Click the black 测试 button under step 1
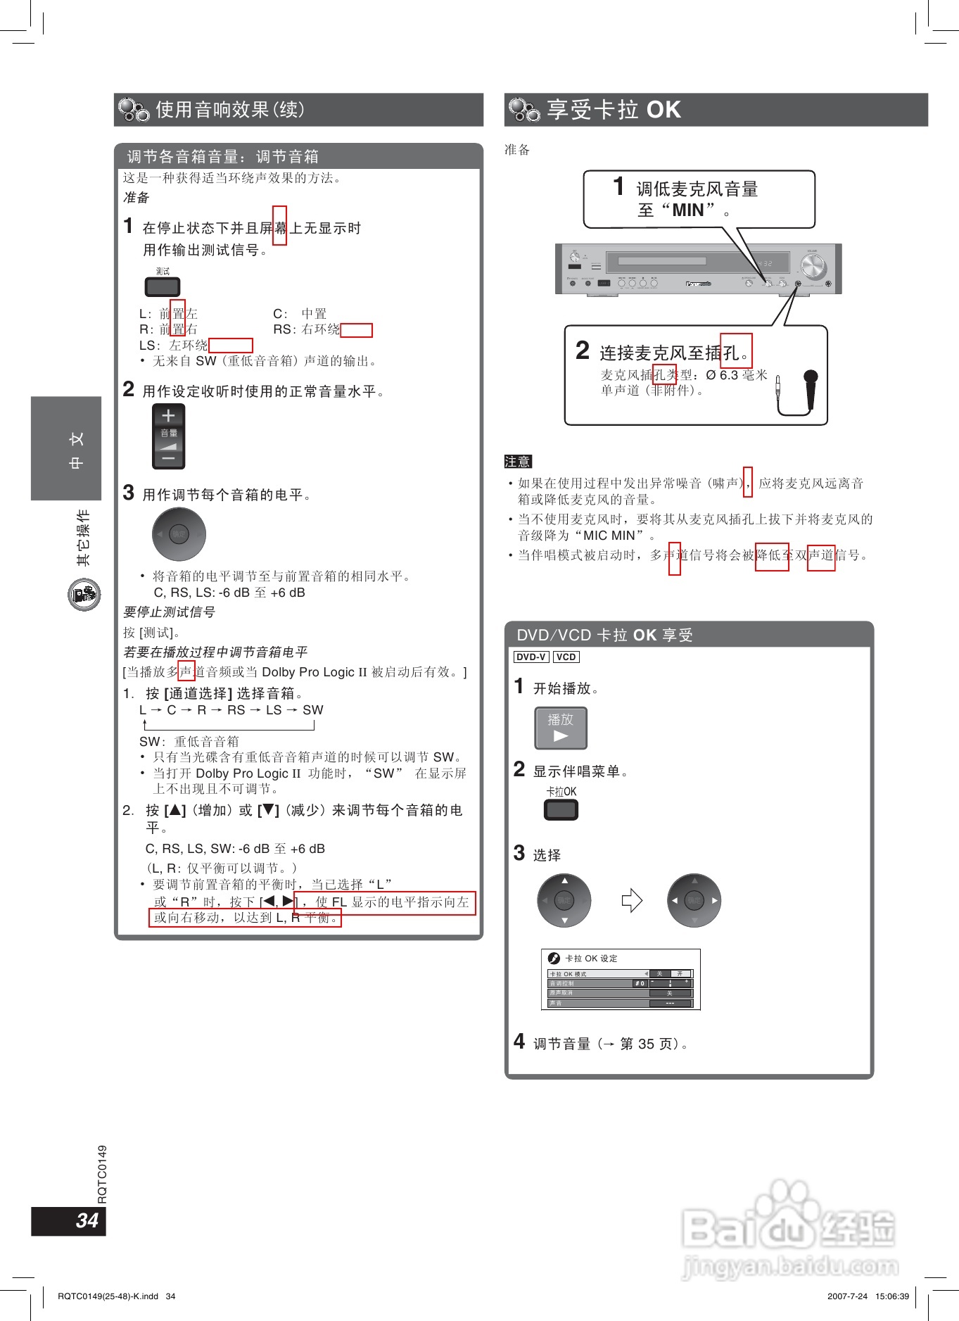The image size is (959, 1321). pyautogui.click(x=163, y=286)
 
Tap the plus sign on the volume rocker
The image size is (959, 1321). pyautogui.click(x=168, y=416)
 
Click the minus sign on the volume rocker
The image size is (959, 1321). pyautogui.click(x=168, y=459)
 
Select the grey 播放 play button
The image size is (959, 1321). pyautogui.click(x=561, y=728)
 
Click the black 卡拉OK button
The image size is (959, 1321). pyautogui.click(x=561, y=809)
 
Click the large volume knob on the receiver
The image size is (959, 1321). pyautogui.click(x=812, y=267)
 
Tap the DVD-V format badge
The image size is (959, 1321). pyautogui.click(x=531, y=657)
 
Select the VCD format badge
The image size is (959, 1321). pyautogui.click(x=566, y=657)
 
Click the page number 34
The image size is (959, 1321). pyautogui.click(x=87, y=1220)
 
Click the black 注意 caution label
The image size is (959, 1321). pyautogui.click(x=518, y=462)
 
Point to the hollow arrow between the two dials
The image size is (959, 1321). pyautogui.click(x=631, y=900)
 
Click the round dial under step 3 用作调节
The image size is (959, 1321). pyautogui.click(x=179, y=534)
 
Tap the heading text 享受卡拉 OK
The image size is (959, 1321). pyautogui.click(x=614, y=110)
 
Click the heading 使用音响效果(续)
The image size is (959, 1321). pyautogui.click(x=229, y=110)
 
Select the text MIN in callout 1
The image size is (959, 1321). pyautogui.click(x=687, y=210)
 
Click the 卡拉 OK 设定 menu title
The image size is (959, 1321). pyautogui.click(x=591, y=959)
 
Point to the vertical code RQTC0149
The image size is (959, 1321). pyautogui.click(x=102, y=1174)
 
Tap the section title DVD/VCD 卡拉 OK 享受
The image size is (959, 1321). pyautogui.click(x=604, y=635)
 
